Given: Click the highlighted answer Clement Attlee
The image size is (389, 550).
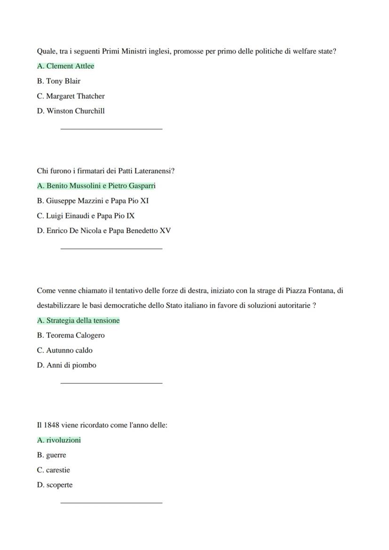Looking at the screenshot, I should point(66,66).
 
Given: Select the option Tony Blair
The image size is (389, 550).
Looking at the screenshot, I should point(59,81).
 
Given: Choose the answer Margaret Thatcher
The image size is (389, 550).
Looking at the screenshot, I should point(71,96).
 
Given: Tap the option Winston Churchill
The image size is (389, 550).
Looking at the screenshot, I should point(71,111).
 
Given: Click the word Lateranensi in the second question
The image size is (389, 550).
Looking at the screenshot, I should point(154,171).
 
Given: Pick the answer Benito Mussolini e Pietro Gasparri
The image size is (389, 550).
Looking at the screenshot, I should point(96,186).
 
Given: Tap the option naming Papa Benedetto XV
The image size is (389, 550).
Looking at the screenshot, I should point(104,231).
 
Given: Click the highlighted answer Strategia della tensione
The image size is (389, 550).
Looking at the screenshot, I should point(78,321).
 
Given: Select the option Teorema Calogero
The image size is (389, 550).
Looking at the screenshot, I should point(71,336).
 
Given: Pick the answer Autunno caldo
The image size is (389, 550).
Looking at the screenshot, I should point(65,351).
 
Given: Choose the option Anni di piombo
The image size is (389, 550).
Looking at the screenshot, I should point(67,365).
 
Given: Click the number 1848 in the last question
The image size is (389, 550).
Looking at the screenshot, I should point(52,426).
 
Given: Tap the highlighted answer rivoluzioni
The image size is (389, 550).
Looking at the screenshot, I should point(59,441).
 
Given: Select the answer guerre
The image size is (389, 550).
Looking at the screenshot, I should point(52,456).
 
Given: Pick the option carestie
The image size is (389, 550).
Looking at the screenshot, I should point(54,470).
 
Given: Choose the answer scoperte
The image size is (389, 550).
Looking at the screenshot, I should point(55,485).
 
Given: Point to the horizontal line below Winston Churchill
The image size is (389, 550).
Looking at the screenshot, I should point(111,128).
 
